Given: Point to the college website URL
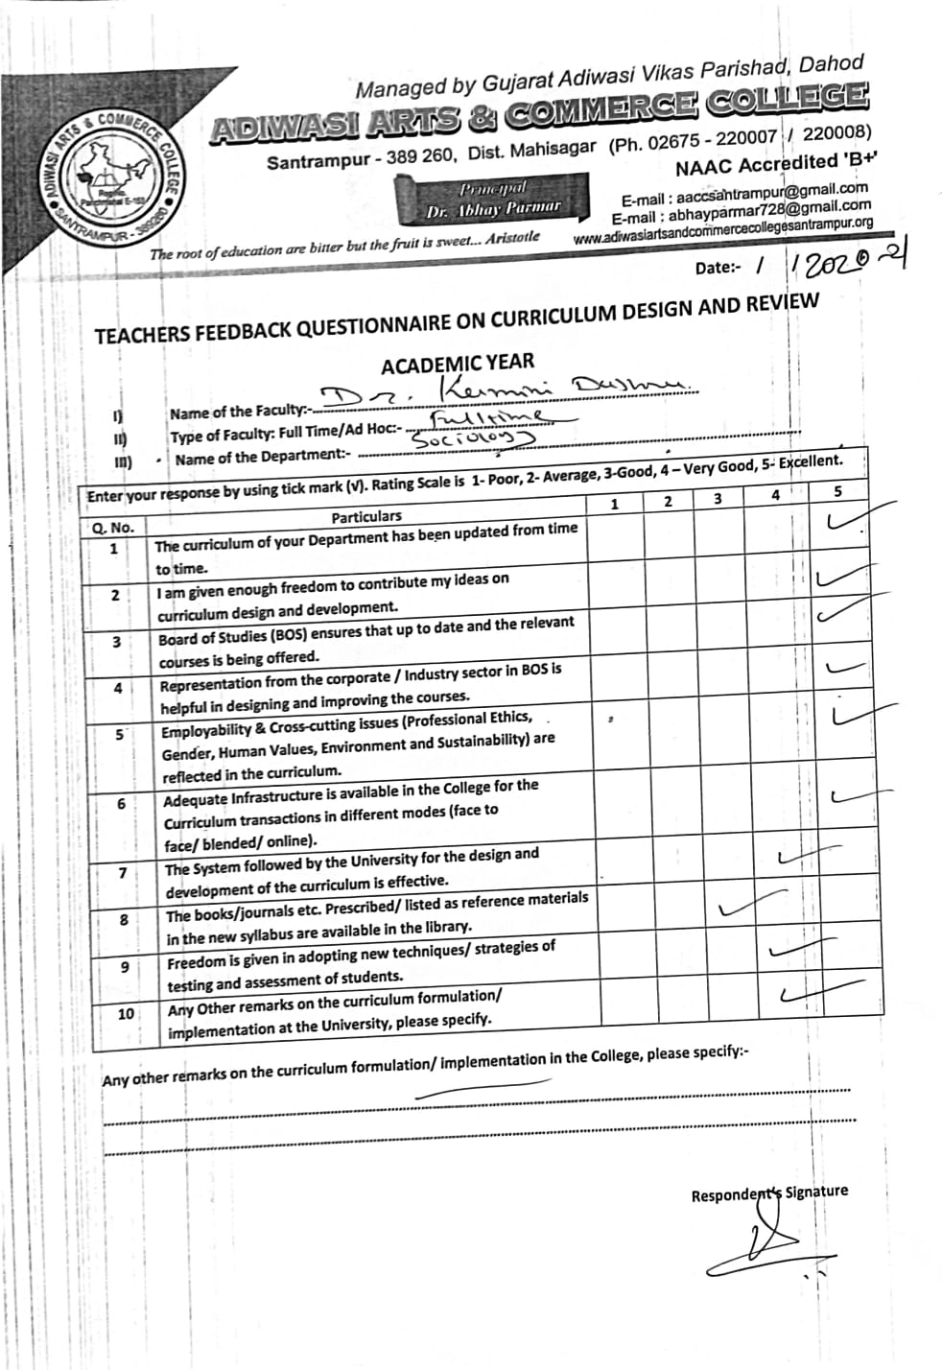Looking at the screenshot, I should point(723,229).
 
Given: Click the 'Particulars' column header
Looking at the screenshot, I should point(366,516).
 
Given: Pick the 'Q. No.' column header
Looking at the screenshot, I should point(113,528).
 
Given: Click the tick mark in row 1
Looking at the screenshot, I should point(846,521).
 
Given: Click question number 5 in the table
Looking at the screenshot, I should point(121,734).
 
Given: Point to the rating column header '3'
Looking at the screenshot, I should point(718,499).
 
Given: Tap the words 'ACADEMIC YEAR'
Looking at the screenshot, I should point(459,365).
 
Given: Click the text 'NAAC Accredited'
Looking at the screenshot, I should point(758,165).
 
